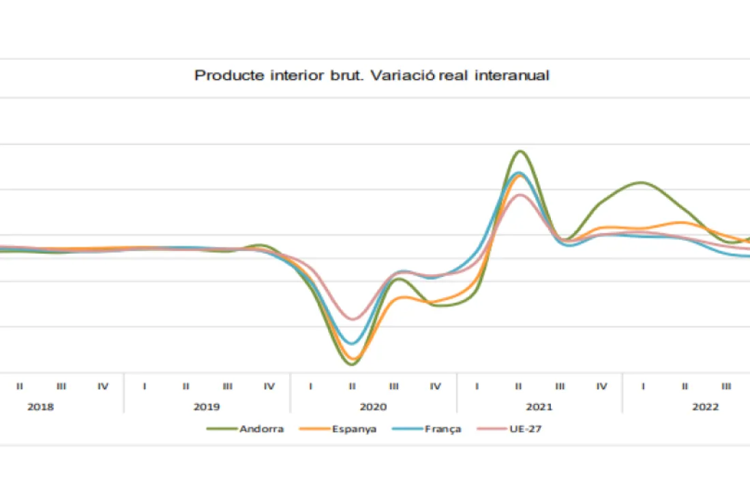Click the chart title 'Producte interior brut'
coord(372,75)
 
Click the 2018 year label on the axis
coord(40,407)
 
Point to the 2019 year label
coord(207,407)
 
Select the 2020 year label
coord(373,407)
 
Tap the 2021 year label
coord(539,407)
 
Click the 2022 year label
coord(706,407)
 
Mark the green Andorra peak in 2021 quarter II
coord(520,151)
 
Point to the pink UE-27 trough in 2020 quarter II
coord(352,318)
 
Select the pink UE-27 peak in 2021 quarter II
coord(520,195)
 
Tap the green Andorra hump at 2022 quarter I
coord(642,183)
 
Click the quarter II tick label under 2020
coord(352,387)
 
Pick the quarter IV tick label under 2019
coord(269,387)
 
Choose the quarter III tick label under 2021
coord(560,387)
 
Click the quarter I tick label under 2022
coord(643,387)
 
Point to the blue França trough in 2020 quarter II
coord(352,344)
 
